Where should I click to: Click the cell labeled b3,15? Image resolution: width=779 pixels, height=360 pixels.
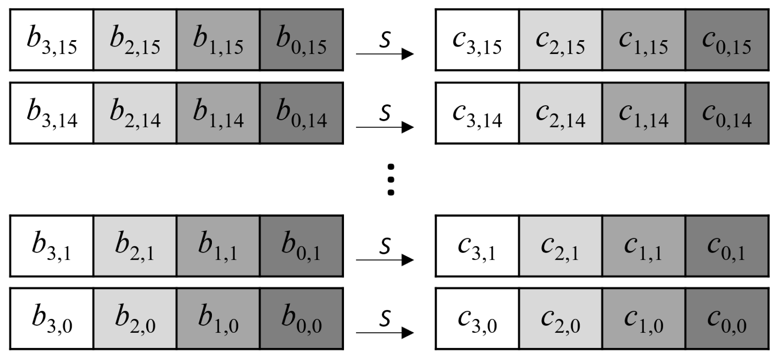51,40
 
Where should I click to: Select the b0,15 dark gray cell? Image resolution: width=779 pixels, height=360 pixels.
301,40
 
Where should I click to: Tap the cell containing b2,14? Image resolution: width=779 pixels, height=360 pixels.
135,113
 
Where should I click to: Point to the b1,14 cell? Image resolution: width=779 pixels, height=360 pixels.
218,113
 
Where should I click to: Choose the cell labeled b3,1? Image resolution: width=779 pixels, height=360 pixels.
51,246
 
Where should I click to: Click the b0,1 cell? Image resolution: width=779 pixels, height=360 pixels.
301,246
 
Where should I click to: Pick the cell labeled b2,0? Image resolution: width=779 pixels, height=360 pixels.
135,319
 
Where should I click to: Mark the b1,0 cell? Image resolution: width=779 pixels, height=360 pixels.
218,319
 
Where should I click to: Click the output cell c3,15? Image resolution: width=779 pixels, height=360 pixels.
477,40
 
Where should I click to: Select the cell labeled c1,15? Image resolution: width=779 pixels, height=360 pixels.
643,40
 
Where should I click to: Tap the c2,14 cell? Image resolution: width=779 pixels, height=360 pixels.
560,113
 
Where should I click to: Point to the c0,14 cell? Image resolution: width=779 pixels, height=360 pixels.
727,113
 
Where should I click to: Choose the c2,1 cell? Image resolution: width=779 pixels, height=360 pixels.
560,246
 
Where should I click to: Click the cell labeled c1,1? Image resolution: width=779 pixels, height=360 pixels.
643,246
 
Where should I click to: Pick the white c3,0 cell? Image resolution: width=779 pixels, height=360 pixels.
477,319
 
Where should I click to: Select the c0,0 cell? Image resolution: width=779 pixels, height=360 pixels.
727,319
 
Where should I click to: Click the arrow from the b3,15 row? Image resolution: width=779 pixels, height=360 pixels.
385,54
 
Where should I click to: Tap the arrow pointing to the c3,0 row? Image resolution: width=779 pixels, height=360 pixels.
385,332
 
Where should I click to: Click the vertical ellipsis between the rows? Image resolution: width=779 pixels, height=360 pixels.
391,180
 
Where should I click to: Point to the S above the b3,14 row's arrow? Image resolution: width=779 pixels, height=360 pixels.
385,112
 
